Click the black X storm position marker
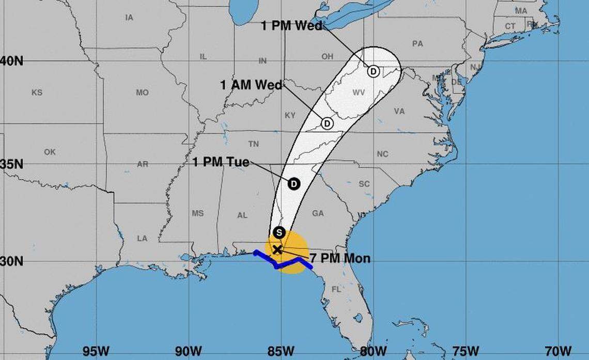point(277,249)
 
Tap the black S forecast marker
point(279,232)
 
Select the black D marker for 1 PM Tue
point(293,183)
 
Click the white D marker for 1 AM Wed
point(327,123)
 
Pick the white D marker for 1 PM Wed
point(373,71)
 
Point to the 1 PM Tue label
point(221,163)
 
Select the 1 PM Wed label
point(291,26)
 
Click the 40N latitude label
point(11,61)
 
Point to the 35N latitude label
point(11,164)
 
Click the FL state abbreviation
point(336,289)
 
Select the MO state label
point(142,93)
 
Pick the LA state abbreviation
point(142,238)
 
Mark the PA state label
point(417,44)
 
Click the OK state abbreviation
point(50,152)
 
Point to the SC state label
point(364,184)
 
